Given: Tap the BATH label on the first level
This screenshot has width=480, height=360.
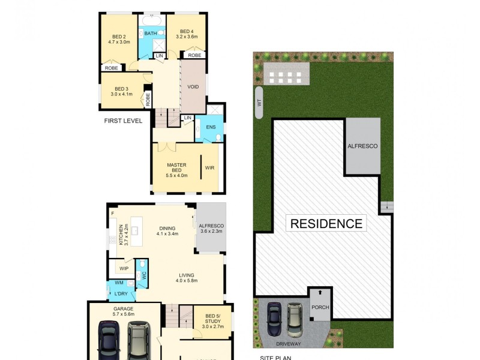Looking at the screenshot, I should (x=151, y=34).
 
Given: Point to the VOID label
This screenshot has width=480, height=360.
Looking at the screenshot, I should (x=193, y=86).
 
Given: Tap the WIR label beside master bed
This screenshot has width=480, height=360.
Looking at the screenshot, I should (x=209, y=167).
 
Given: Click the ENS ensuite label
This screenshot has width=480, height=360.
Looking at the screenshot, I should (x=211, y=127).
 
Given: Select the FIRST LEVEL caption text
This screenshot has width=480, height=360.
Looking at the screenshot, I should (x=123, y=121).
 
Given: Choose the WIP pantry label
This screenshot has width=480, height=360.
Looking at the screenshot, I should (x=124, y=268).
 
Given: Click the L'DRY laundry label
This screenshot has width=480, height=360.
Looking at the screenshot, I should (x=121, y=294).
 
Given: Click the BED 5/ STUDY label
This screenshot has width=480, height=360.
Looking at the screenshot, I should (x=213, y=320).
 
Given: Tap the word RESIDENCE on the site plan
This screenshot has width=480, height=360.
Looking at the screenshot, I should (x=326, y=224).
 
